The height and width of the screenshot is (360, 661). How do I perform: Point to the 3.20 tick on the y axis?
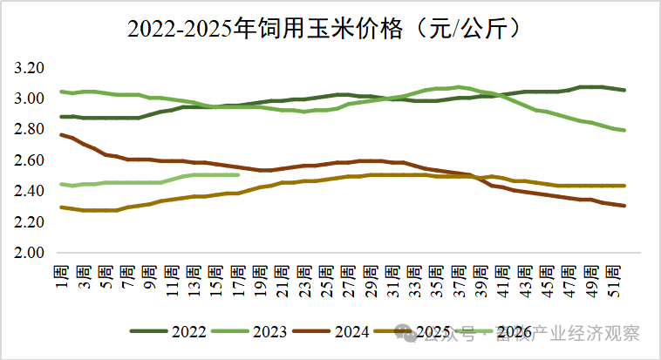[x=31, y=68]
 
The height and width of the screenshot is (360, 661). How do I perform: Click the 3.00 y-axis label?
[x=31, y=98]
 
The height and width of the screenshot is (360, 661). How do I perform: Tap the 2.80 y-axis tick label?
[x=31, y=129]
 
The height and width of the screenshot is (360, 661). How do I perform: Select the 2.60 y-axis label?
[x=31, y=160]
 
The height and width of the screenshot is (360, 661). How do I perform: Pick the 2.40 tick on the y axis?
[x=31, y=191]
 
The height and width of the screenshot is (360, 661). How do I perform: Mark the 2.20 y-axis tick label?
[x=31, y=221]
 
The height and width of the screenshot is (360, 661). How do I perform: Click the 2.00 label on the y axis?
[x=31, y=253]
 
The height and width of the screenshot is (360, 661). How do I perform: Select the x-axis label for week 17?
[x=238, y=281]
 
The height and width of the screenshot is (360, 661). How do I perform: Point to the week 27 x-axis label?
[x=348, y=281]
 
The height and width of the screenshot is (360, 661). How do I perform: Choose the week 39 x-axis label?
[x=480, y=281]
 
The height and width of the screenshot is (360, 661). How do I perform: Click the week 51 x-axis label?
[x=613, y=281]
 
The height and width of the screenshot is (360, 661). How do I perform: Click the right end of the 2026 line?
[x=238, y=174]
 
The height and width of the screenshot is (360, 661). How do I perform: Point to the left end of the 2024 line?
[x=61, y=134]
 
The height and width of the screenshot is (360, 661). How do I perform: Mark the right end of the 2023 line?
[x=624, y=130]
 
